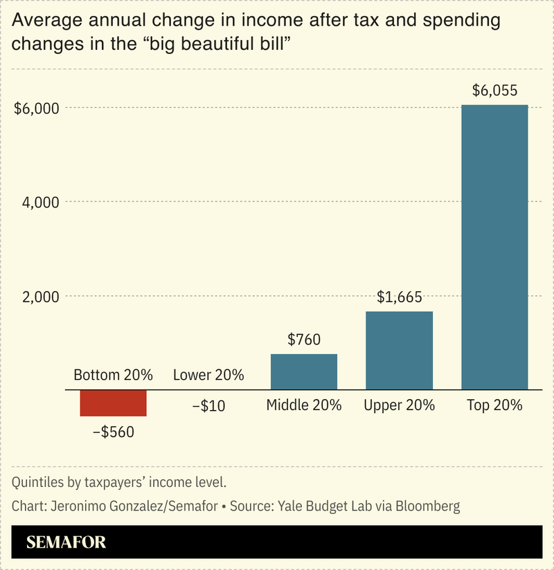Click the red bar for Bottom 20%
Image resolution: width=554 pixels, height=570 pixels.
[113, 403]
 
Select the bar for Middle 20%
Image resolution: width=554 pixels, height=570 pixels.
[303, 372]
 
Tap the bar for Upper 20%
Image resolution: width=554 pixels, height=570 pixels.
[399, 351]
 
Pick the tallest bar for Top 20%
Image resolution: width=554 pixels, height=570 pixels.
[494, 247]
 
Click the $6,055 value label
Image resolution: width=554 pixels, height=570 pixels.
[494, 90]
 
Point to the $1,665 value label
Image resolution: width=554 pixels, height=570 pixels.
[399, 297]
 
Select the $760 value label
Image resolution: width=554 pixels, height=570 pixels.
[303, 340]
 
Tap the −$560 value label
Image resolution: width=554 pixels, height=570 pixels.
[113, 432]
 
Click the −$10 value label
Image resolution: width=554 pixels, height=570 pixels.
[208, 406]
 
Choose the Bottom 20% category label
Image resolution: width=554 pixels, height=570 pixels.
[113, 376]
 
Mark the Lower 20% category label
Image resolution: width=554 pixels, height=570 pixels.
[208, 376]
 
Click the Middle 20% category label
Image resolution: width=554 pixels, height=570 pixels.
[303, 405]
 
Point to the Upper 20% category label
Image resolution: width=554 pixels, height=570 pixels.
[399, 405]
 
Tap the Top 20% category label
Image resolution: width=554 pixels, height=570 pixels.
[494, 405]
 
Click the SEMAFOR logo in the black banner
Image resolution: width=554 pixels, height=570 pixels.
[66, 542]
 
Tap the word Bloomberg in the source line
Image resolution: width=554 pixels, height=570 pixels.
[427, 506]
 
